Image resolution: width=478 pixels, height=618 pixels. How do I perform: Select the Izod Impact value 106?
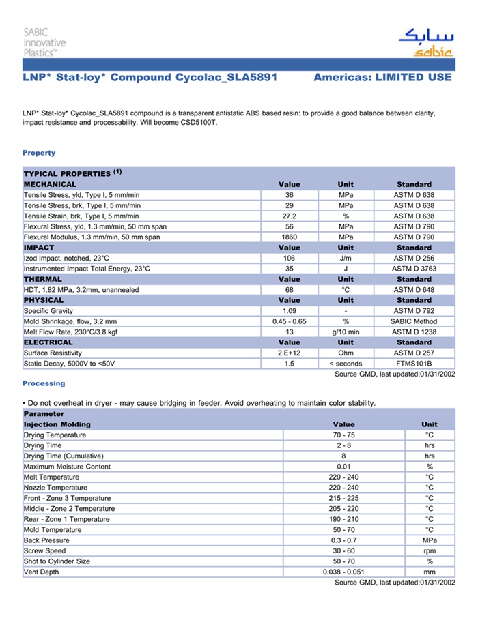[x=289, y=259]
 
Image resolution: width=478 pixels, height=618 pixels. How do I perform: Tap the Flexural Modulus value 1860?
[x=289, y=237]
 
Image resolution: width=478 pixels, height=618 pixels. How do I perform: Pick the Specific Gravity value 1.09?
[x=289, y=311]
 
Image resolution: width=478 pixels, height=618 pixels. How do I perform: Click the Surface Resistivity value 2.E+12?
[x=289, y=353]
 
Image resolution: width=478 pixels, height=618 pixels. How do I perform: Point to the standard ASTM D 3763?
[x=414, y=269]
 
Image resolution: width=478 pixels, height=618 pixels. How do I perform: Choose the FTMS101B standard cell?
[x=414, y=364]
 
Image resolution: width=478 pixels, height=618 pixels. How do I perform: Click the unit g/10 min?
[x=346, y=332]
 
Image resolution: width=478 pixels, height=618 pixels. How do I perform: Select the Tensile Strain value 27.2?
[x=289, y=216]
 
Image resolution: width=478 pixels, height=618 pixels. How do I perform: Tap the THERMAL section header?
[x=43, y=280]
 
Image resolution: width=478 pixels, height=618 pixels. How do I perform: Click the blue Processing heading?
[x=44, y=384]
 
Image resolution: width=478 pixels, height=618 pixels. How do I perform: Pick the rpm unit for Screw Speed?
[x=430, y=551]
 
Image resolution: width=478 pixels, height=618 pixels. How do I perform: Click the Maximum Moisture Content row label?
[x=67, y=467]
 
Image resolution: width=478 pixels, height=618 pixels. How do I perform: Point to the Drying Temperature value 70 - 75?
[x=344, y=435]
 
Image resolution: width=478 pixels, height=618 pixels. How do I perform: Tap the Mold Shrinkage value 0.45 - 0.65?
[x=289, y=321]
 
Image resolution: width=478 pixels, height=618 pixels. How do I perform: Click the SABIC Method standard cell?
[x=414, y=321]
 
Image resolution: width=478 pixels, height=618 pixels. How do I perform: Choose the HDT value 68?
[x=289, y=290]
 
